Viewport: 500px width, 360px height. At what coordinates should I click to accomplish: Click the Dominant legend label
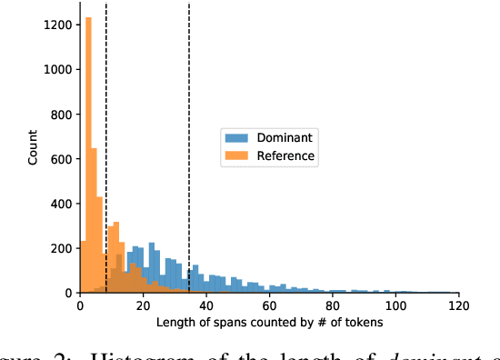[284, 137]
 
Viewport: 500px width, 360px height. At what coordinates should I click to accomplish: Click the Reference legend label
[285, 156]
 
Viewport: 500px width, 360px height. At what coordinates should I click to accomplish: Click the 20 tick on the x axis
[143, 305]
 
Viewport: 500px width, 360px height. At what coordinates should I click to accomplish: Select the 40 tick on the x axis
[206, 305]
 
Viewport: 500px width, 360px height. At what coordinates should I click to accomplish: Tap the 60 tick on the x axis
[269, 305]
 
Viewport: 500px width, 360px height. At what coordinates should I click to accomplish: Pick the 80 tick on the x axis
[333, 305]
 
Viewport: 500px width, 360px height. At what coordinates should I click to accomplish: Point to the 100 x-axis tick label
[395, 305]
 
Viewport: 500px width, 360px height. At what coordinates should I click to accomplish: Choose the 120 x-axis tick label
[458, 305]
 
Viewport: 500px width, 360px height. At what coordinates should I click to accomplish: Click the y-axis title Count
[34, 148]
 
